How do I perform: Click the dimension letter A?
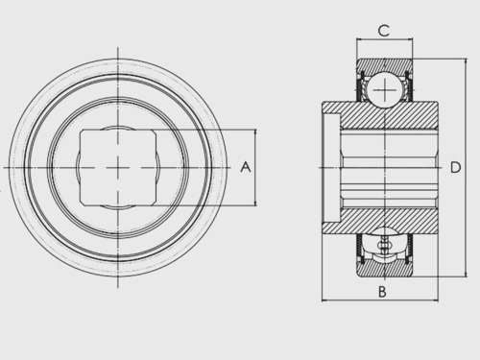[x=246, y=167]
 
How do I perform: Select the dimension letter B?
[x=382, y=292]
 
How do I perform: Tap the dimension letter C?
[x=384, y=31]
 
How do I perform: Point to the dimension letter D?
[x=455, y=167]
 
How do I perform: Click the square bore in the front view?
[x=118, y=167]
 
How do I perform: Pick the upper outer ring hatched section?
[x=385, y=65]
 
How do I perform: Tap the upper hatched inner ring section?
[x=388, y=115]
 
